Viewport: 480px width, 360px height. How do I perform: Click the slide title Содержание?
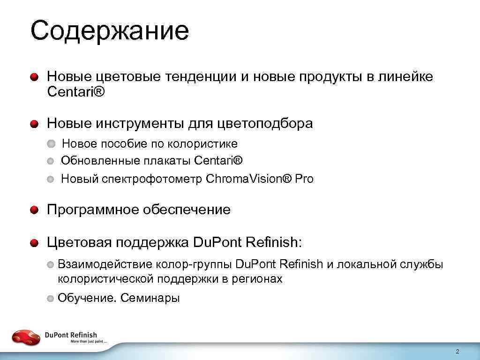tap(109, 31)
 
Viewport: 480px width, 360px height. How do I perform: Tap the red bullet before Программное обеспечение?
tap(34, 210)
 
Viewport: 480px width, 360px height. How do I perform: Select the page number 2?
tap(457, 352)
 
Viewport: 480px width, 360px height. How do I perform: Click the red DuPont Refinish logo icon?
tap(26, 337)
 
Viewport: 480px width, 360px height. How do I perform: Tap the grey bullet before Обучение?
tap(51, 299)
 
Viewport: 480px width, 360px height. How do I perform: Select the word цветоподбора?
tap(265, 124)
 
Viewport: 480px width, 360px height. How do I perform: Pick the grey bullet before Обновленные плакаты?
tap(51, 161)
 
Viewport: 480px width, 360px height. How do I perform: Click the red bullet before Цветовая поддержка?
tap(34, 243)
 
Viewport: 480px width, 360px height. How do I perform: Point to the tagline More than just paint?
tap(89, 342)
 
